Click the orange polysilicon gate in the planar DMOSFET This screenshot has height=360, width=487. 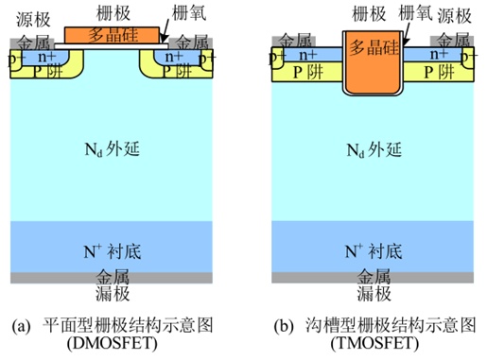coord(112,35)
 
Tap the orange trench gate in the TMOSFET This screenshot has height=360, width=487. coord(373,61)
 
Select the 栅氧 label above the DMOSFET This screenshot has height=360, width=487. coord(189,13)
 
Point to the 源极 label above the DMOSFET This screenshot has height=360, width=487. coord(33,20)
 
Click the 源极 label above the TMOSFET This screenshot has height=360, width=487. coord(455,16)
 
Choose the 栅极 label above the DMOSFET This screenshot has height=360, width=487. coord(113,13)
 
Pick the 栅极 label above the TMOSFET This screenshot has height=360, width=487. coord(369,14)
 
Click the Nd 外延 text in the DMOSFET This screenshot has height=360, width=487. coord(113,149)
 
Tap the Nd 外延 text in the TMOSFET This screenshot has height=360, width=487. coord(374,149)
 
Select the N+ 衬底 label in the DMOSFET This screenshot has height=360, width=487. coord(113,251)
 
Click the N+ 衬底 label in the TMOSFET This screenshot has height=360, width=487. coord(374,251)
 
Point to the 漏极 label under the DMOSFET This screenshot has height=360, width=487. coord(113,293)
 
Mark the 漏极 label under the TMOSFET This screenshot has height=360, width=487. coord(374,293)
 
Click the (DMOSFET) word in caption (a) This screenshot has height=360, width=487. coord(113,343)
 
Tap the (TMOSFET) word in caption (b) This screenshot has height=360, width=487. coord(374,343)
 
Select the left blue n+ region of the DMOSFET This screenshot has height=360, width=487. coord(44,58)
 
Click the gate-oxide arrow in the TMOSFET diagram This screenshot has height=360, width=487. coord(408,34)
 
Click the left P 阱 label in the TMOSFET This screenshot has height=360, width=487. coord(308,73)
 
